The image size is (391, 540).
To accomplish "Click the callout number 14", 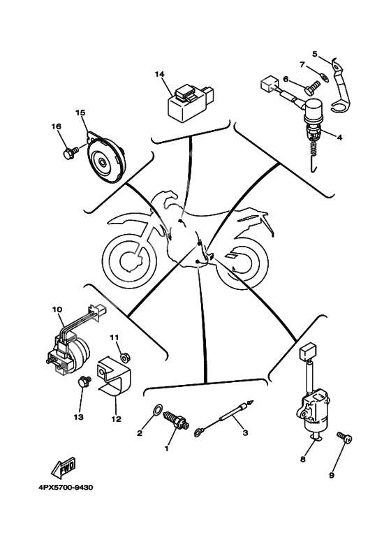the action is [x=159, y=74].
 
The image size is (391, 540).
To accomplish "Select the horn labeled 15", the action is [x=104, y=158].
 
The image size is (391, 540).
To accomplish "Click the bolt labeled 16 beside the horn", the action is [x=70, y=152].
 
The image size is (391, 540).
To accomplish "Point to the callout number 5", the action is [x=315, y=54].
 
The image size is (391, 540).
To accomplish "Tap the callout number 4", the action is [x=340, y=138].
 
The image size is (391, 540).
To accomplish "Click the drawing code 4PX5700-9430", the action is [x=66, y=488].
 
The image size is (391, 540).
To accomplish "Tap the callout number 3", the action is [x=245, y=433].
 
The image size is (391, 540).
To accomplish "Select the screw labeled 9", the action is [x=345, y=438].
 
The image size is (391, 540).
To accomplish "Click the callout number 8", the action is [x=303, y=460].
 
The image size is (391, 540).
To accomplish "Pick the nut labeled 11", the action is [x=126, y=358].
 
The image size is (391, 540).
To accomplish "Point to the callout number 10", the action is [x=57, y=309].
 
